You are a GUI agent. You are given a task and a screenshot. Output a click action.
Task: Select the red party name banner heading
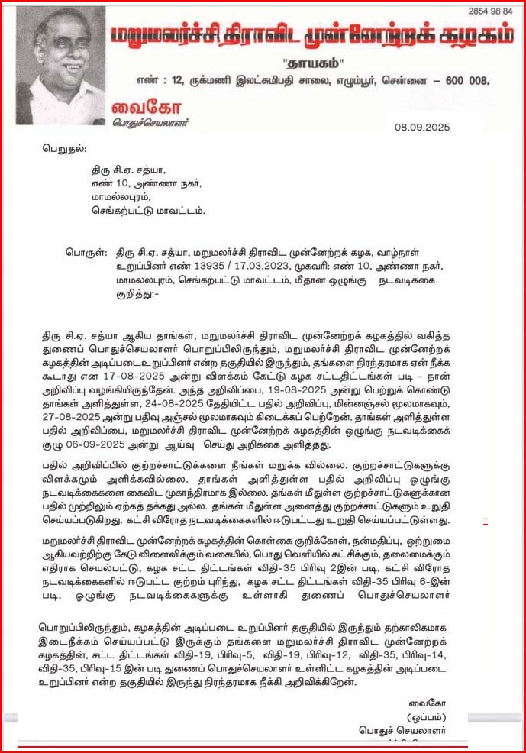(x=311, y=37)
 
